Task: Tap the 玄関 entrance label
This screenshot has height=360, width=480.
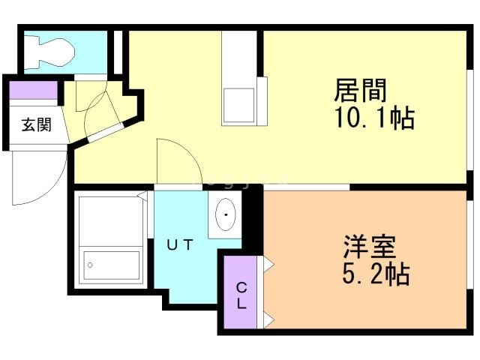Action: tap(35, 125)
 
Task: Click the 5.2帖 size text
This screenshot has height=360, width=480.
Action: tap(376, 274)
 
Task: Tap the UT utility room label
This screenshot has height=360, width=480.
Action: tap(180, 244)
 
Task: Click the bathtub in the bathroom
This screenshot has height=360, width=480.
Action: tap(112, 240)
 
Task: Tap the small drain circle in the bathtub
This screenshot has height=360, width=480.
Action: tap(91, 264)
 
